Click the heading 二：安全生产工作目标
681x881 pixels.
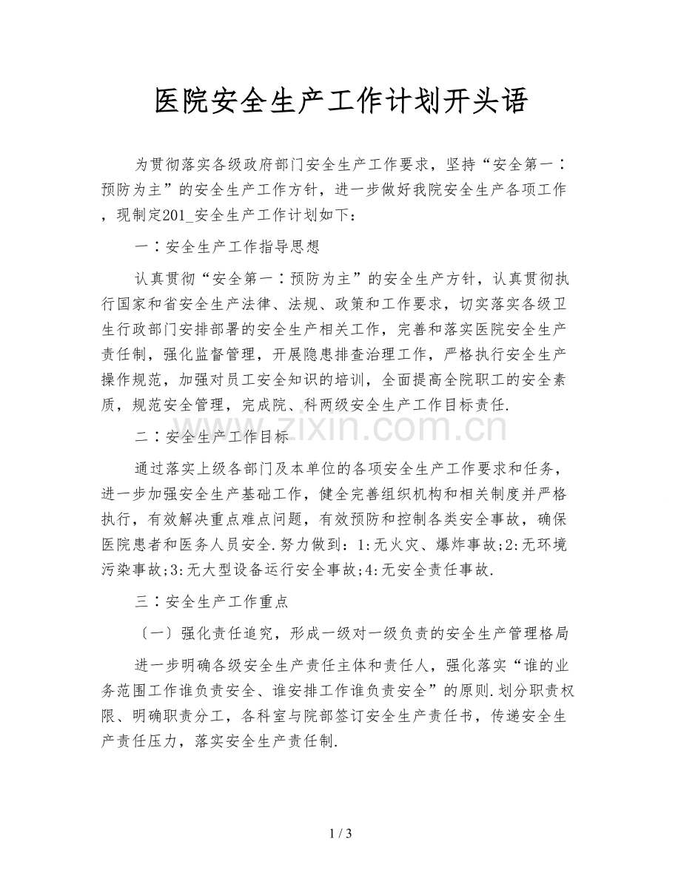[212, 436]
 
